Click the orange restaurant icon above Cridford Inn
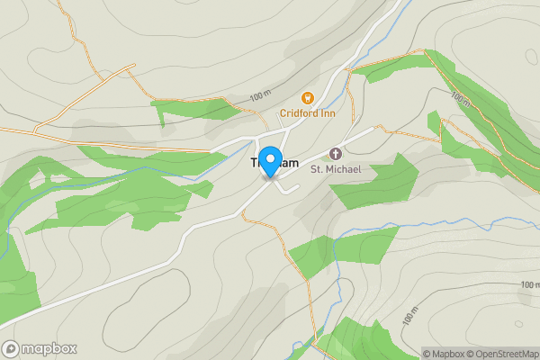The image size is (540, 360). click(x=307, y=97)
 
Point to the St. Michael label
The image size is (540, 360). click(x=336, y=168)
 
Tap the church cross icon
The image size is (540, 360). click(x=337, y=153)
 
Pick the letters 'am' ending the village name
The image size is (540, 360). click(x=289, y=163)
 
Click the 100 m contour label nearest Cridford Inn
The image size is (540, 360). click(x=260, y=95)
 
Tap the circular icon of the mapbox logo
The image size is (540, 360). click(x=10, y=349)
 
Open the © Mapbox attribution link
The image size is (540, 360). click(x=443, y=354)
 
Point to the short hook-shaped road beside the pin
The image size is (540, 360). click(x=287, y=187)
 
